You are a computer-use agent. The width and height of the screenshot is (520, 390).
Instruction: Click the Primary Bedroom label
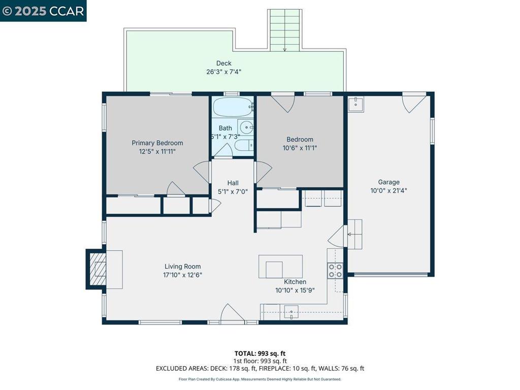(157, 143)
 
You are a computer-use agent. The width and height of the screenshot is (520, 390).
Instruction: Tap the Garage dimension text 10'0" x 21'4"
(388, 191)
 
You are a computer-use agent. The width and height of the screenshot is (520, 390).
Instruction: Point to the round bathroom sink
(246, 127)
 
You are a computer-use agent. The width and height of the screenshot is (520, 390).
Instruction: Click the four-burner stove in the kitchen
(335, 270)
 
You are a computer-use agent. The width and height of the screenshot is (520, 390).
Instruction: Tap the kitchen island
(280, 267)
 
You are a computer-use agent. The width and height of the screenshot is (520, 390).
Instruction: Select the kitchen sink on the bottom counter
(291, 311)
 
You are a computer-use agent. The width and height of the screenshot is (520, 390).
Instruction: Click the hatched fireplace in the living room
(97, 269)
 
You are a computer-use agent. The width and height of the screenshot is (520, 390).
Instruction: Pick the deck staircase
(284, 30)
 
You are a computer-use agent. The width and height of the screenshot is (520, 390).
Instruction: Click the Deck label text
(223, 63)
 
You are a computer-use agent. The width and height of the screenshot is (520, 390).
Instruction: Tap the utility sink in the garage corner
(355, 104)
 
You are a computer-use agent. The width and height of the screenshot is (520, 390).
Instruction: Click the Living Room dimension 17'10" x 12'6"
(182, 275)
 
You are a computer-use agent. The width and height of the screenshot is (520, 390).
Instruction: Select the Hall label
(233, 183)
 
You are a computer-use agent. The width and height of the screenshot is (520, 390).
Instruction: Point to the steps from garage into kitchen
(354, 234)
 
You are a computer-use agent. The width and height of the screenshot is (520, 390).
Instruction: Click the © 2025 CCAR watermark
(43, 11)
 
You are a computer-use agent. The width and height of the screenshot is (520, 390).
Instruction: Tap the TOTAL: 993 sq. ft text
(259, 353)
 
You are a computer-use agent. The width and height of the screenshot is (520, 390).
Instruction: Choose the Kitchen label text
(295, 282)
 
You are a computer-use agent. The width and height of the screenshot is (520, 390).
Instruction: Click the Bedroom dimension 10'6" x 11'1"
(300, 148)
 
